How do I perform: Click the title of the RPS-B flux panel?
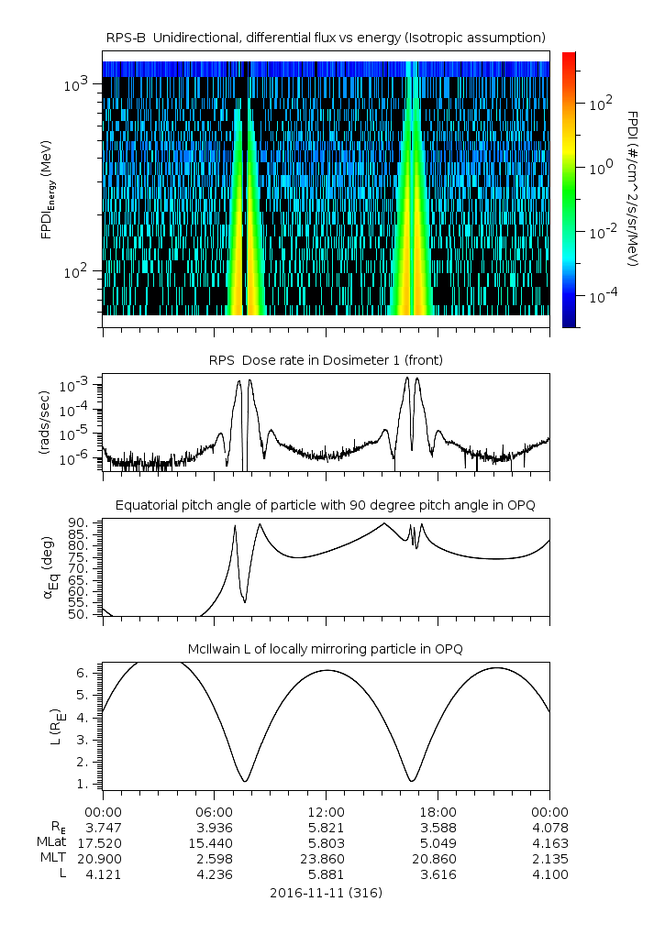pos(326,37)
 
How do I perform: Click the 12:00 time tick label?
pos(326,812)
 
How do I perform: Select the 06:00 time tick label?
pos(214,812)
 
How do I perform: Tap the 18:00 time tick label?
pos(438,812)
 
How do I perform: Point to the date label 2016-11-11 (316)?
pos(326,892)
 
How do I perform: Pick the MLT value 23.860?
pos(326,859)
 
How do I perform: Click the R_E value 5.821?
pos(326,828)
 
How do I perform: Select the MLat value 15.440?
pos(214,843)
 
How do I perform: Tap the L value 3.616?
pos(438,874)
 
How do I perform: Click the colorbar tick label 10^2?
pos(600,104)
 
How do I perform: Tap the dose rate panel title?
pos(326,360)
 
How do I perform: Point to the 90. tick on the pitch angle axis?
pos(80,522)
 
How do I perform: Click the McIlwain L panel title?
pos(326,649)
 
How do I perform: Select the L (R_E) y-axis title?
pos(44,725)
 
